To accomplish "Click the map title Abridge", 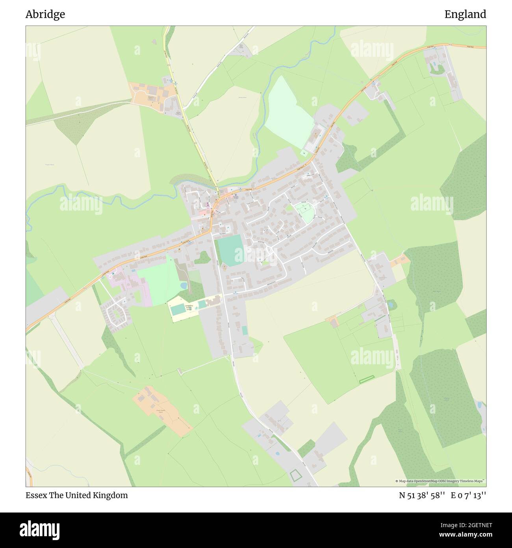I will (x=45, y=14).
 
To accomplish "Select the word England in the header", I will (x=465, y=14).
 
